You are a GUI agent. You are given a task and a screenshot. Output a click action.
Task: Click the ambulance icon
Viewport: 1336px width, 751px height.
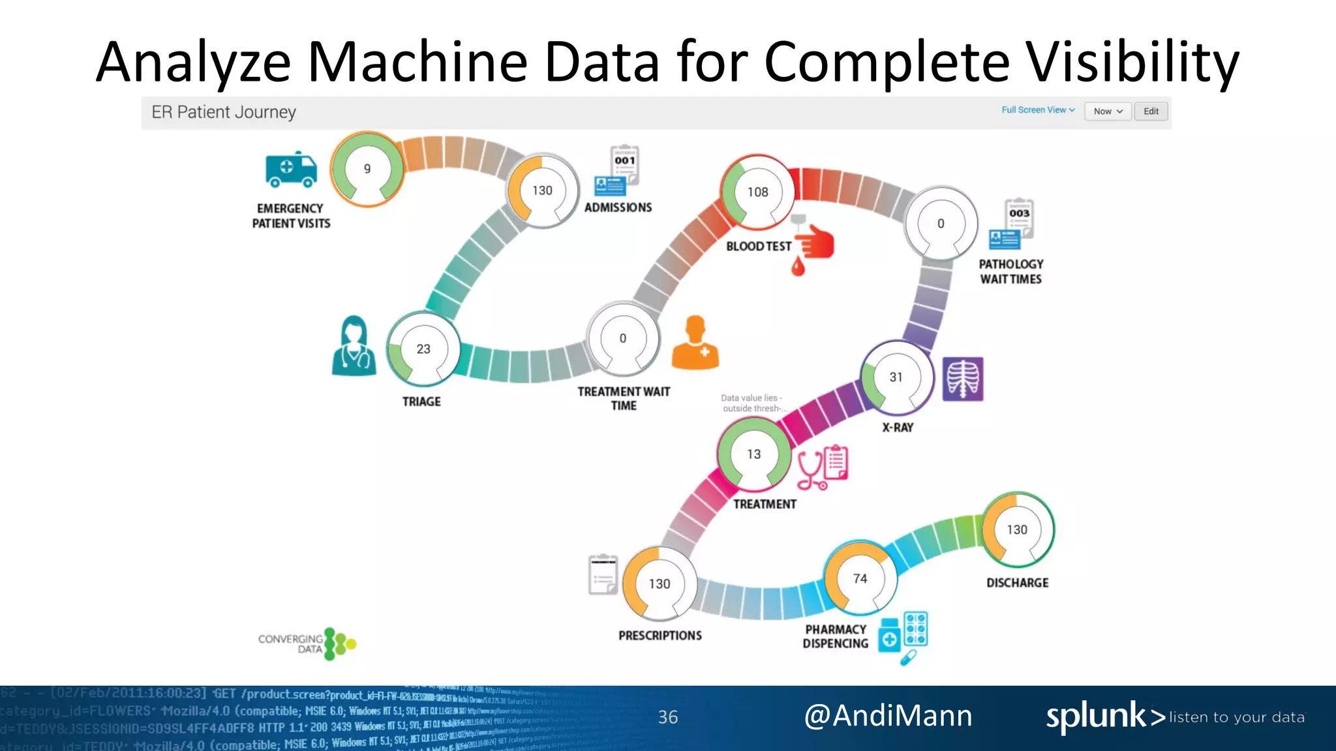click(291, 169)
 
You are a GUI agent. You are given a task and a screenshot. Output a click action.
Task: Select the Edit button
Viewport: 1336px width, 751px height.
click(1151, 111)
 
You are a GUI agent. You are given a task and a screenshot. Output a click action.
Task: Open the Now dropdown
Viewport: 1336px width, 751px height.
click(1108, 111)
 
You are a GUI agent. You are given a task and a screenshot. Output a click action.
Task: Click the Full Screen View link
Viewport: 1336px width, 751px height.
click(1038, 110)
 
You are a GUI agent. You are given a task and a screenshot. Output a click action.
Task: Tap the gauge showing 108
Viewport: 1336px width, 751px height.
click(757, 192)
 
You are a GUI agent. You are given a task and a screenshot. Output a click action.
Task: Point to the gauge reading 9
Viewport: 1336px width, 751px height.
click(367, 169)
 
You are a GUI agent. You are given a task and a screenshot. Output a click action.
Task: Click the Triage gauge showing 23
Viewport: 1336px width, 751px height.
click(423, 349)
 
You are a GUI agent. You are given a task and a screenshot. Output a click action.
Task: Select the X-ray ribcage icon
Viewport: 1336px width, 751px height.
click(962, 379)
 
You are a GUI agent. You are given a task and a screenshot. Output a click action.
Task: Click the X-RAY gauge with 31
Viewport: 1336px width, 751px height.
click(896, 377)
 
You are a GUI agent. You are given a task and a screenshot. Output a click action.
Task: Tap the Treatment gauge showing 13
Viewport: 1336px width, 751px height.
click(754, 454)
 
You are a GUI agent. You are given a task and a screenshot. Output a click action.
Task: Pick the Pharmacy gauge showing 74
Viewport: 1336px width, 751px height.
click(860, 579)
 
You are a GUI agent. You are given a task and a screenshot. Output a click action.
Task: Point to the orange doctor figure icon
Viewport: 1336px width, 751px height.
click(695, 343)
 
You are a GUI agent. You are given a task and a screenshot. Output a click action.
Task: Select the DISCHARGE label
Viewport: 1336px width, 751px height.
click(1017, 583)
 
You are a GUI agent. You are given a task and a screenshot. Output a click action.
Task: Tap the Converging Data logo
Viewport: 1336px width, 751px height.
click(307, 644)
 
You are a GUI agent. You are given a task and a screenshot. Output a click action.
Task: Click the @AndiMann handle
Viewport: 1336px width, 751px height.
click(888, 716)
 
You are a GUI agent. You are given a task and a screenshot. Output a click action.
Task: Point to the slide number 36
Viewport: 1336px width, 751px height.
click(667, 717)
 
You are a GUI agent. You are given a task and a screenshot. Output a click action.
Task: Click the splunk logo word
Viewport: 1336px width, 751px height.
click(1096, 716)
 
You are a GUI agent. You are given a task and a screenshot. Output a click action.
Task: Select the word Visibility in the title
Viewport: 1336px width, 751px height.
click(1132, 62)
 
